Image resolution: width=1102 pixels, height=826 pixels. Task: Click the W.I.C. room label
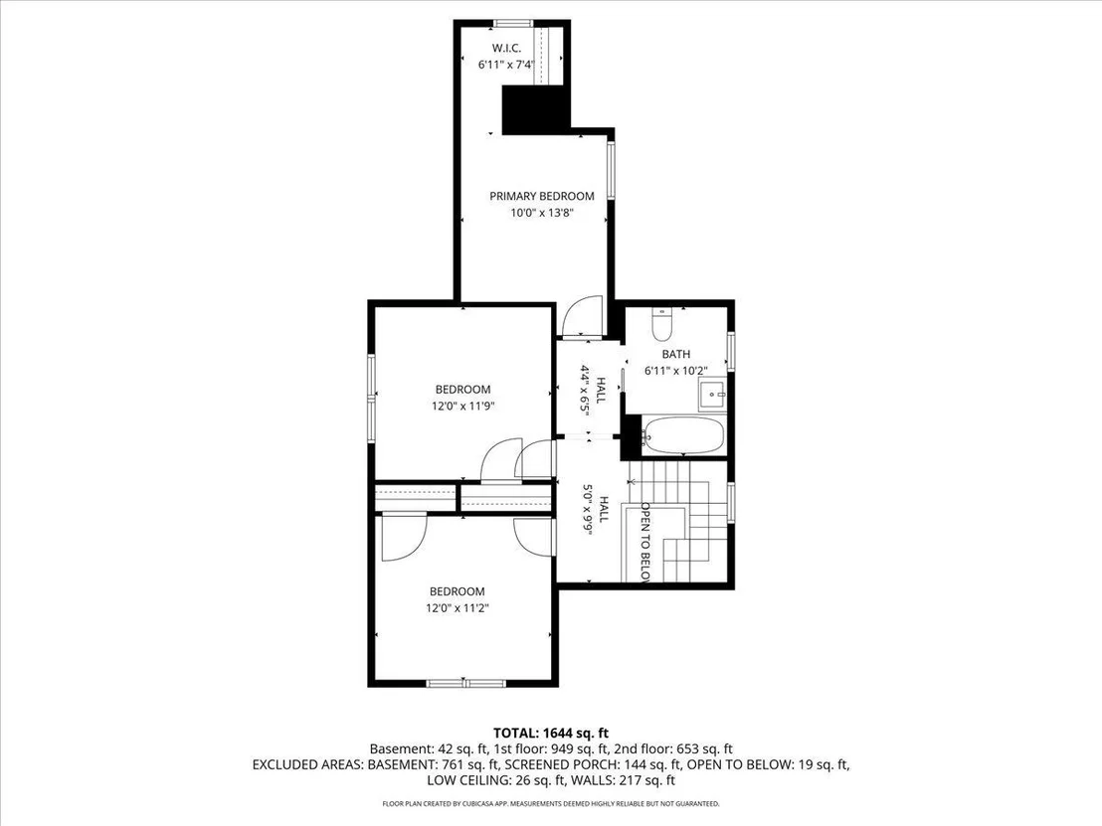pyautogui.click(x=506, y=48)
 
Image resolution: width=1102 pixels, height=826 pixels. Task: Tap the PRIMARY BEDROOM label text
pyautogui.click(x=542, y=196)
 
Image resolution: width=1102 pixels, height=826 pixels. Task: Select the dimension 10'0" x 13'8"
pyautogui.click(x=542, y=212)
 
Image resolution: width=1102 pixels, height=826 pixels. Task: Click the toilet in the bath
pyautogui.click(x=662, y=323)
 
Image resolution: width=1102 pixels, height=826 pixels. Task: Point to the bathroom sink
pyautogui.click(x=712, y=397)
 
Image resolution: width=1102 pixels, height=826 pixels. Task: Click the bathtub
pyautogui.click(x=682, y=435)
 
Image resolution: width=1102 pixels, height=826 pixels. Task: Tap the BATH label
pyautogui.click(x=675, y=354)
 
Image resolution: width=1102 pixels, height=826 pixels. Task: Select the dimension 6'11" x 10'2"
pyautogui.click(x=675, y=370)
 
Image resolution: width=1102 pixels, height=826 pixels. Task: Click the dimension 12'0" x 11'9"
pyautogui.click(x=463, y=406)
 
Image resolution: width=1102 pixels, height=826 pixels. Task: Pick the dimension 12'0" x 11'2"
pyautogui.click(x=458, y=607)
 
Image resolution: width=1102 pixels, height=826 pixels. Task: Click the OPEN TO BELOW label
pyautogui.click(x=644, y=542)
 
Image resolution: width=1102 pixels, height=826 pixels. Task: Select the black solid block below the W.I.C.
pyautogui.click(x=535, y=109)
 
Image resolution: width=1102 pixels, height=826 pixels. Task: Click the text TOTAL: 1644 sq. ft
pyautogui.click(x=550, y=734)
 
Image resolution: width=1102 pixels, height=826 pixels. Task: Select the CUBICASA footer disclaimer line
pyautogui.click(x=550, y=803)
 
